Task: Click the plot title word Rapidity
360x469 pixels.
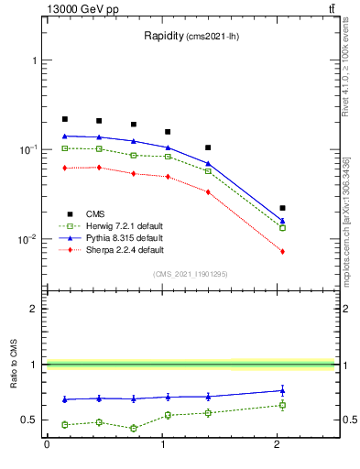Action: [x=164, y=36]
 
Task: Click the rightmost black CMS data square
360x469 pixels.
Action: [x=282, y=208]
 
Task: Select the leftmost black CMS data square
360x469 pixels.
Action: [x=65, y=119]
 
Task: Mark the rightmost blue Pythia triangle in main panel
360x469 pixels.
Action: [x=282, y=221]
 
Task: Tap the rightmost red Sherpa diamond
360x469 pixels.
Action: [x=282, y=251]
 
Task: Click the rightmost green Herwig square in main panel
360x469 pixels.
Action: [x=282, y=227]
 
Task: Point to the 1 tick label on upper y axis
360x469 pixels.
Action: [x=37, y=60]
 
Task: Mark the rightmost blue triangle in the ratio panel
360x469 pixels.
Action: [x=282, y=390]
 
